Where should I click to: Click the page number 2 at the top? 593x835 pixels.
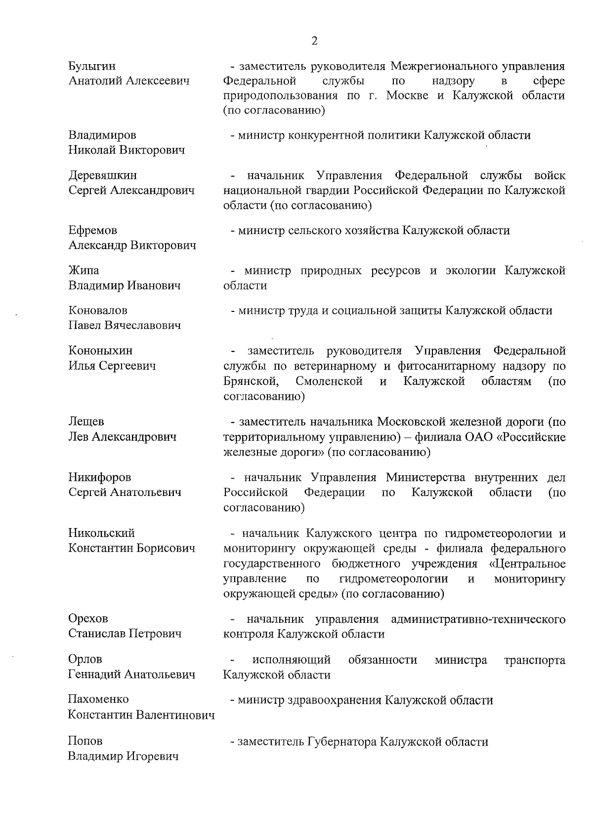[x=314, y=41]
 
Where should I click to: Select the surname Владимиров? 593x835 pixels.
[x=102, y=135]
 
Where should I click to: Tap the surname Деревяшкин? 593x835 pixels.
[x=103, y=176]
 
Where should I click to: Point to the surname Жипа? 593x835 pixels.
[x=84, y=270]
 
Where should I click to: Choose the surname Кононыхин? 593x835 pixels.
[x=100, y=351]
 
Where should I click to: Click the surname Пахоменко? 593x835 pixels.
[x=98, y=699]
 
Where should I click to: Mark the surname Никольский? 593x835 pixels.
[x=101, y=533]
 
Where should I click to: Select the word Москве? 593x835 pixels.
[x=408, y=96]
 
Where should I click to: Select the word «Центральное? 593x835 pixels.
[x=527, y=564]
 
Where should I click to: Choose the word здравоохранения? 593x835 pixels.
[x=334, y=700]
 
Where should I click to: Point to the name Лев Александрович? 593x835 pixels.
[x=122, y=437]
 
